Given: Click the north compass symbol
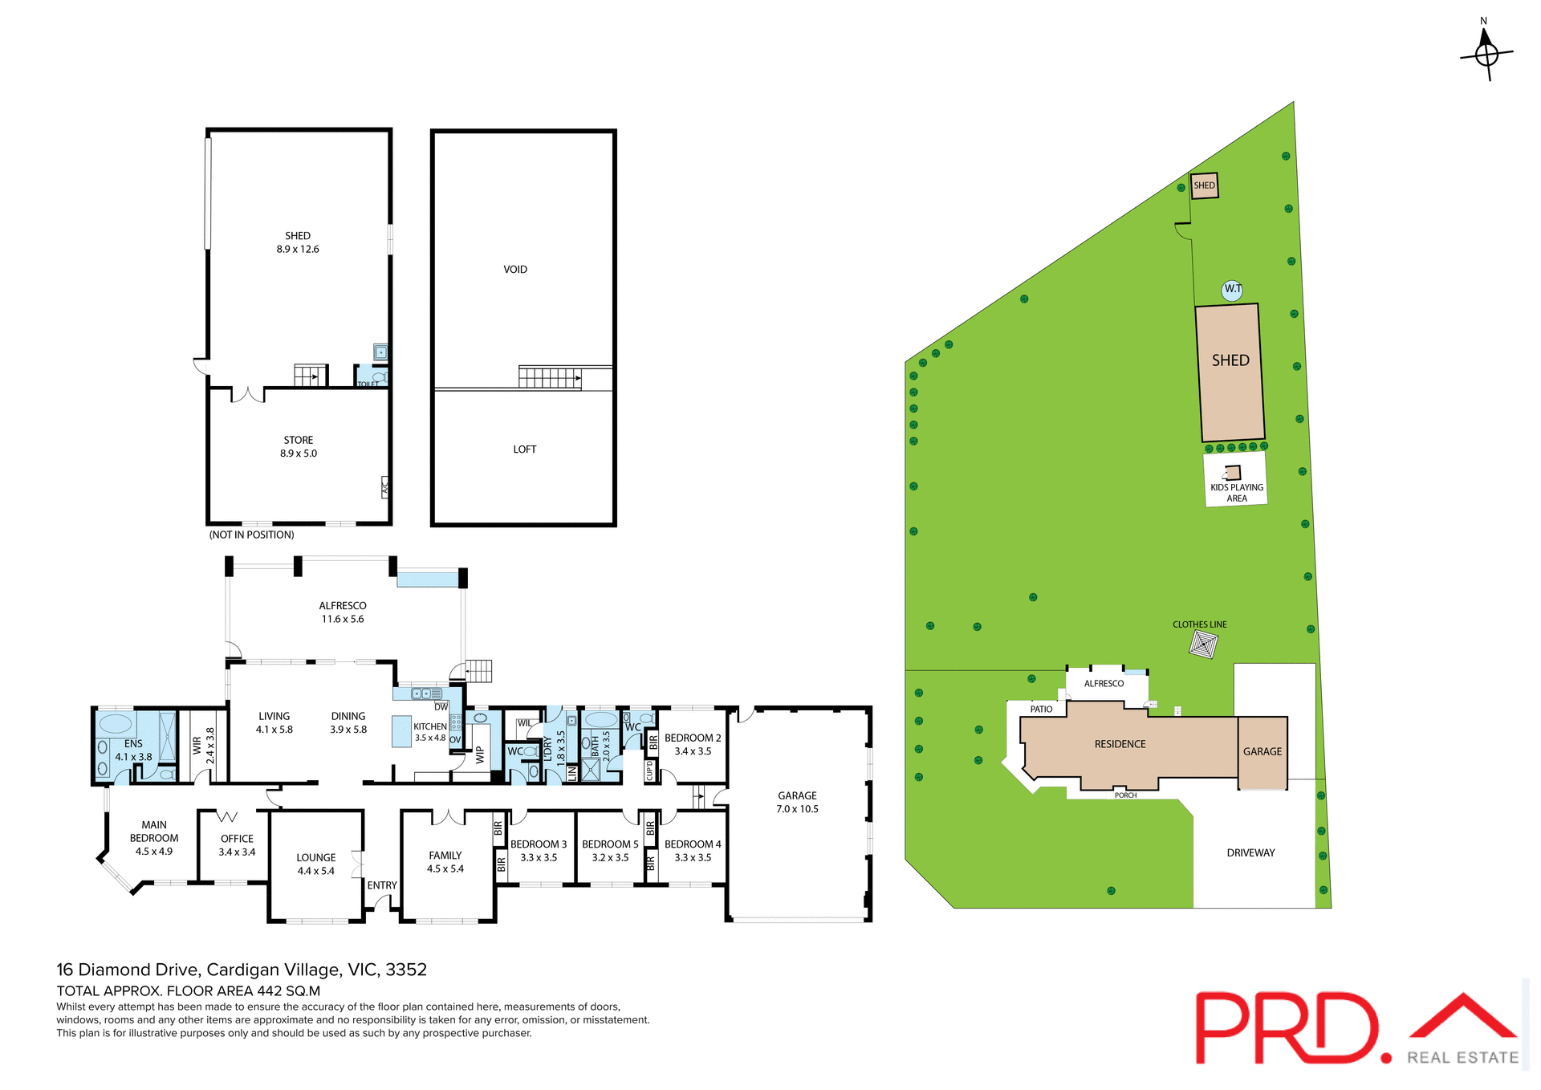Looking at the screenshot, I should [1486, 53].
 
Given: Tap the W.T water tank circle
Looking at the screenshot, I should [1232, 290].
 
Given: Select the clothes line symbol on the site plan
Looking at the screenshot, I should [1203, 644].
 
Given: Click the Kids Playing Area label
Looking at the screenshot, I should [1236, 492].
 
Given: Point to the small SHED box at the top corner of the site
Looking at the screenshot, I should [1204, 185].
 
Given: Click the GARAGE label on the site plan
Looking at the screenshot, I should [1262, 752].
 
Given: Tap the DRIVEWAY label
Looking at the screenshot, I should [1250, 852].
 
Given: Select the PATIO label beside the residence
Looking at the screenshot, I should [1041, 710].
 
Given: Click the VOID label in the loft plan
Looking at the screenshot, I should [515, 270].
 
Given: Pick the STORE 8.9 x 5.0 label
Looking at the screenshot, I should [298, 447].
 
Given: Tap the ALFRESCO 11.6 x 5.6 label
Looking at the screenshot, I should [343, 612].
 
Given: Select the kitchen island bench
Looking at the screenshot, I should [401, 731].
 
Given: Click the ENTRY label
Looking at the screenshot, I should [382, 885].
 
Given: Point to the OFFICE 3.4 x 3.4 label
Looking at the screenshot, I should [237, 845].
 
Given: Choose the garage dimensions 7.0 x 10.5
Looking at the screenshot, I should [797, 809].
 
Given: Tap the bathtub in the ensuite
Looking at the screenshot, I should [116, 723].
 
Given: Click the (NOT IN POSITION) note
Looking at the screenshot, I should [251, 535].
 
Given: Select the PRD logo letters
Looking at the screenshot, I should [1289, 1028].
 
